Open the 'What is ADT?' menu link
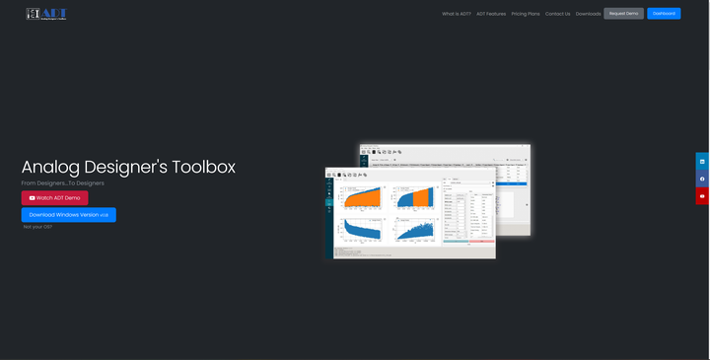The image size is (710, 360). point(457,14)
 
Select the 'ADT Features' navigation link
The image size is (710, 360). point(491,14)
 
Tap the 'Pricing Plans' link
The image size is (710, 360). point(526,14)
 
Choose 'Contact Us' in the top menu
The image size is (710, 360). point(558,14)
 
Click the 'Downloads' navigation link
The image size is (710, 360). point(588,14)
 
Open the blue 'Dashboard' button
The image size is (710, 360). point(664,14)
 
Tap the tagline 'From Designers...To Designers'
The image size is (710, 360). point(63,183)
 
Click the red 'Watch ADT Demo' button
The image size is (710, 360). point(54,198)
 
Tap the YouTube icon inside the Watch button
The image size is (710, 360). point(32,198)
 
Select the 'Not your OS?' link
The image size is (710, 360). point(37,227)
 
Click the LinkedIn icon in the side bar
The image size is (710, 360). point(702,161)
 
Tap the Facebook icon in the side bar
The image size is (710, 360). point(702,179)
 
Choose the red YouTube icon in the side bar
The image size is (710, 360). point(702,196)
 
